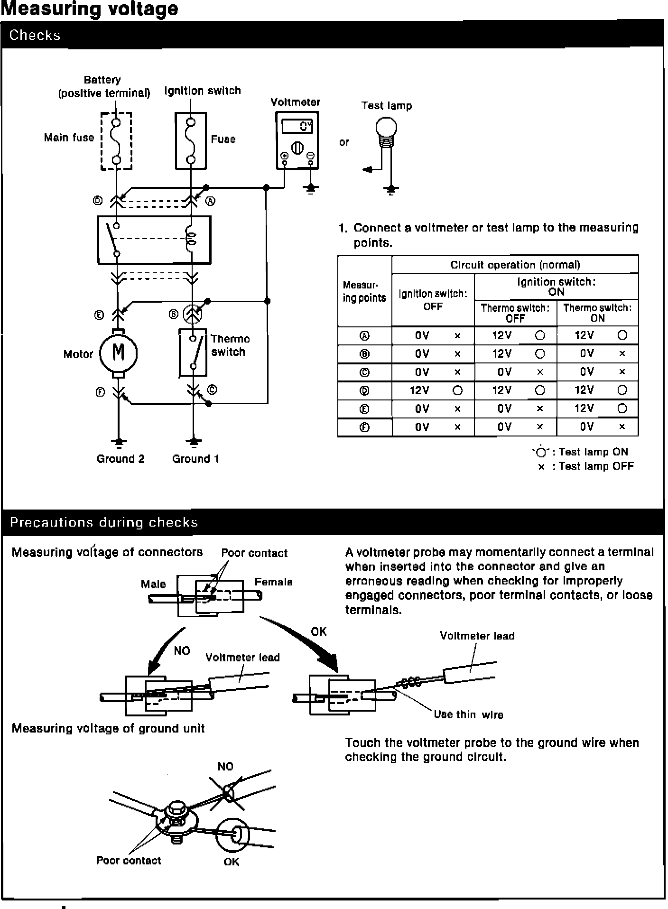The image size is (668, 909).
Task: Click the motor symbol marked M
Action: click(x=118, y=353)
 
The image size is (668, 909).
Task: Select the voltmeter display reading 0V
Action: click(x=297, y=127)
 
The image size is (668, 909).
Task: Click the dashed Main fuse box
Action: click(x=116, y=141)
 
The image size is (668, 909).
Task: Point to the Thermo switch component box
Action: click(x=193, y=353)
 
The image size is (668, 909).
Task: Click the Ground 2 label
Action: click(x=121, y=459)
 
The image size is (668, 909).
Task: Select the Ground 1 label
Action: click(x=195, y=459)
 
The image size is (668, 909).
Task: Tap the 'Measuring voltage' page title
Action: click(x=89, y=9)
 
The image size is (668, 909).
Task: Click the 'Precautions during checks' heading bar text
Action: click(x=104, y=522)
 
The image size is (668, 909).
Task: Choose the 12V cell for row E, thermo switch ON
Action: click(x=584, y=408)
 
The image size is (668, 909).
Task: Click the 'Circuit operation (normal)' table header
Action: click(x=515, y=265)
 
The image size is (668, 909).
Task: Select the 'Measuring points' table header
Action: click(x=364, y=291)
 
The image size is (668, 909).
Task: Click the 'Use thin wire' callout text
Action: click(x=468, y=714)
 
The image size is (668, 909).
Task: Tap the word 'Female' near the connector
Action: click(x=273, y=582)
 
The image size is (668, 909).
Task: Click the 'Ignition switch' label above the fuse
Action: click(x=203, y=91)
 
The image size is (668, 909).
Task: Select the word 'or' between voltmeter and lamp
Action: click(x=344, y=142)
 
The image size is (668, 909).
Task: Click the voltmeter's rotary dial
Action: click(x=297, y=148)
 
